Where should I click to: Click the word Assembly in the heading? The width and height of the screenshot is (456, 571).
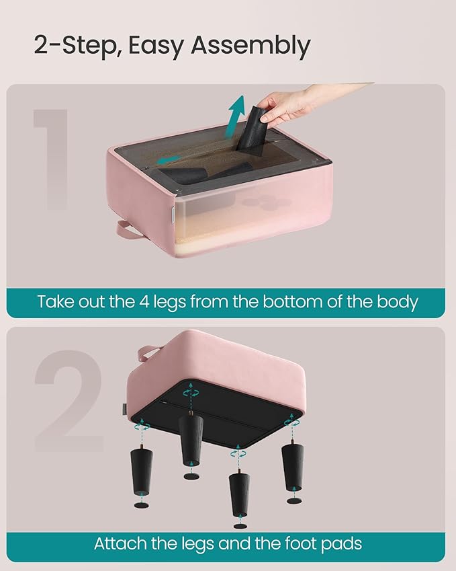(250, 46)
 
